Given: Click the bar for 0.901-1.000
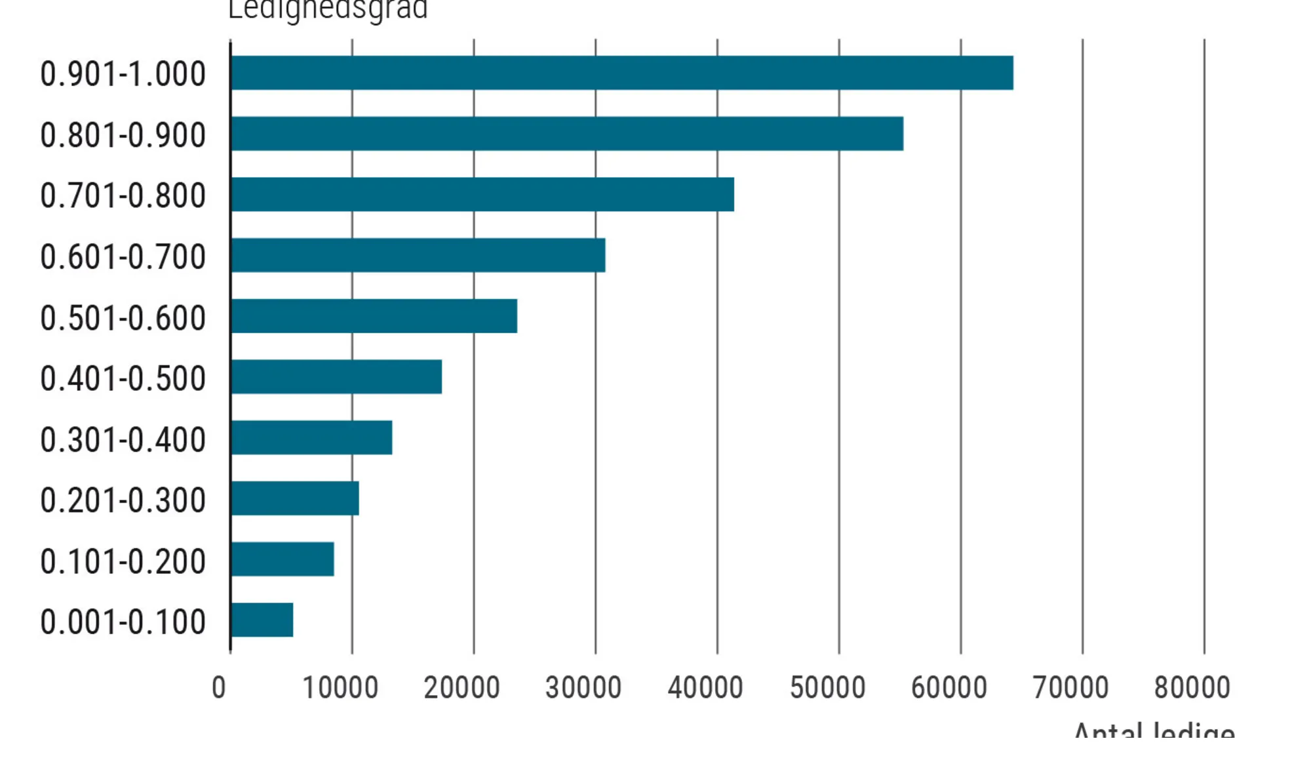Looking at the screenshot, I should coord(621,73).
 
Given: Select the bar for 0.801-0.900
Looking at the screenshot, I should coord(567,134).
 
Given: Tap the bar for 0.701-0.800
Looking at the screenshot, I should coord(482,194).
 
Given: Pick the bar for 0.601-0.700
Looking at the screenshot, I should coord(418,255).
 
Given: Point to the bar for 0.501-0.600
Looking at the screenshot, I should coord(374,316).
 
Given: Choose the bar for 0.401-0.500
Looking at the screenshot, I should coord(336,376).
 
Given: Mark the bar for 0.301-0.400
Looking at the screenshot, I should coord(312,437).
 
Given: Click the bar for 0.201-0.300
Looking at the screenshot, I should coord(295,498).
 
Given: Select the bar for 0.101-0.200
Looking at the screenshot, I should coord(283,559).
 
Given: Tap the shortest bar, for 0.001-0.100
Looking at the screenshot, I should coord(262,620).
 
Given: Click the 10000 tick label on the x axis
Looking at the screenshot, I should coord(340,688).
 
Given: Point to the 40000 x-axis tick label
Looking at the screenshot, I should coord(705,688).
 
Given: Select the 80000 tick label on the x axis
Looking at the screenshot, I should coord(1192,688).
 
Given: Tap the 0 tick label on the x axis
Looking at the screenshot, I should coord(219,688).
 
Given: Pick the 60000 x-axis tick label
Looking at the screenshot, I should coord(949,688).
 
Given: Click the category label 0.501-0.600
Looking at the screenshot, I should coord(123,318).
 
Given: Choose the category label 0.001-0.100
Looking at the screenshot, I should coord(123,622).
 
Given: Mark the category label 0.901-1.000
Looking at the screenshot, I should coord(123,73).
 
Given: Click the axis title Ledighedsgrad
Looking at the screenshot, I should coord(328,10).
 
